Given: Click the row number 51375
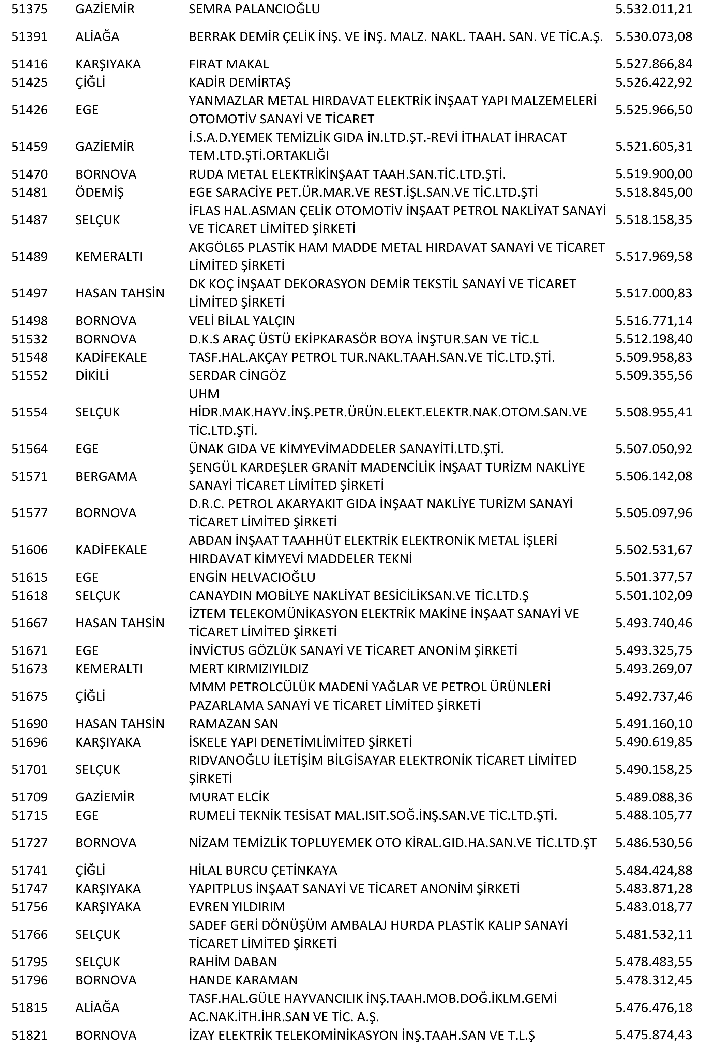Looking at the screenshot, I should click(29, 10).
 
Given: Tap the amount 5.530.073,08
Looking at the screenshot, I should click(653, 37).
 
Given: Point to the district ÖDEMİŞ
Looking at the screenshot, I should click(99, 192).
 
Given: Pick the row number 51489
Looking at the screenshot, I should click(29, 257).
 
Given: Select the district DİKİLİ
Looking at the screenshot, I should click(92, 375).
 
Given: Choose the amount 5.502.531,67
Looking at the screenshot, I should click(653, 550).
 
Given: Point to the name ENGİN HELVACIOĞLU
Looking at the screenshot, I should click(252, 577).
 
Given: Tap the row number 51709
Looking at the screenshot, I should click(29, 797).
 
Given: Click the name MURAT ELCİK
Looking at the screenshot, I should click(229, 797).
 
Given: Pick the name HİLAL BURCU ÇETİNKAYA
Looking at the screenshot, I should click(262, 870).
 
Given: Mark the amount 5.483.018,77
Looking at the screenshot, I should click(653, 907).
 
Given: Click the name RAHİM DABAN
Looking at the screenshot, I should click(232, 962).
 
